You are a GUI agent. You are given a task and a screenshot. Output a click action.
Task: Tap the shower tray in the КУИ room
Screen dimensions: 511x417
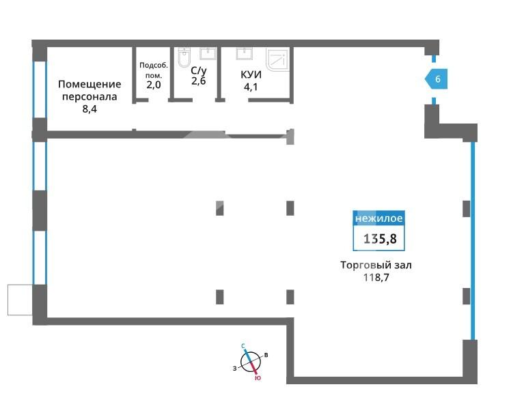[277, 59]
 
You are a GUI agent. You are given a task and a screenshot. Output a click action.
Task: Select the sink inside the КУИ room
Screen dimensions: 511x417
[245, 53]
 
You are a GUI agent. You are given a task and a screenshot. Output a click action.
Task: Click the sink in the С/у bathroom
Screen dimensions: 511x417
[208, 53]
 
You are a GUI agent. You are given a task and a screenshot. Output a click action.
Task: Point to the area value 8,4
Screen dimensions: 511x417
[89, 109]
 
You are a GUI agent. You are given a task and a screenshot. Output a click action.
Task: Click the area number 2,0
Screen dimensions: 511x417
[154, 85]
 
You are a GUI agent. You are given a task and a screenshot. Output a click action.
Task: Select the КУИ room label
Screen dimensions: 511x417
[251, 74]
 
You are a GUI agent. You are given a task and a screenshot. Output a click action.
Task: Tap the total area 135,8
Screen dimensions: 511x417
[380, 239]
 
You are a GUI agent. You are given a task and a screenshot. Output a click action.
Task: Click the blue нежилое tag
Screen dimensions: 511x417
[378, 218]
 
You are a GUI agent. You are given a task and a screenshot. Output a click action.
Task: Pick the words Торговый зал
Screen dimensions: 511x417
[376, 265]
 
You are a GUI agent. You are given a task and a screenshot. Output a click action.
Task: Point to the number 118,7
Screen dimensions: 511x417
[376, 277]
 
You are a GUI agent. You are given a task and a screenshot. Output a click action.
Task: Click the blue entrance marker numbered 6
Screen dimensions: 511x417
[436, 78]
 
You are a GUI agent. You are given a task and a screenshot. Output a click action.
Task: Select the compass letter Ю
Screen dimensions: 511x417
[258, 378]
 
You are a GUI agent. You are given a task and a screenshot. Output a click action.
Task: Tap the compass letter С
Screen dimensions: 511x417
[243, 346]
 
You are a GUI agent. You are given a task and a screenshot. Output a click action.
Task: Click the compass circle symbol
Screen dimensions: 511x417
[251, 362]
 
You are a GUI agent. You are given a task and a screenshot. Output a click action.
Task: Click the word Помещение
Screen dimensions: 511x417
[89, 85]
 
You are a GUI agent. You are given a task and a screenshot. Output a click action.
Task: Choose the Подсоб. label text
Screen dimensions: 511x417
[154, 65]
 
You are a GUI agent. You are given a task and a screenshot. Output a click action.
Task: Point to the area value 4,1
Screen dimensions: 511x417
[251, 87]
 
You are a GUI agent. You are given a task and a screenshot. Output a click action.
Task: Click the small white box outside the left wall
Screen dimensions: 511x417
[20, 300]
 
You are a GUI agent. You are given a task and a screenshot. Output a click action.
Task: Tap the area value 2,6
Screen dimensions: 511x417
[199, 81]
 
